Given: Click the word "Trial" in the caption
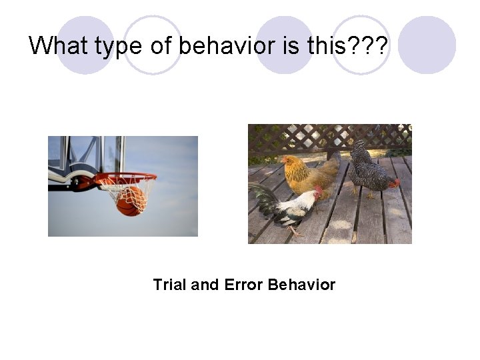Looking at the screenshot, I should click(x=170, y=285).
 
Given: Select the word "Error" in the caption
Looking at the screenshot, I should click(x=243, y=285).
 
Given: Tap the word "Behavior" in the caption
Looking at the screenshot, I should click(x=301, y=285).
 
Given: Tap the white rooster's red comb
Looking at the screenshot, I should click(x=319, y=191).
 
